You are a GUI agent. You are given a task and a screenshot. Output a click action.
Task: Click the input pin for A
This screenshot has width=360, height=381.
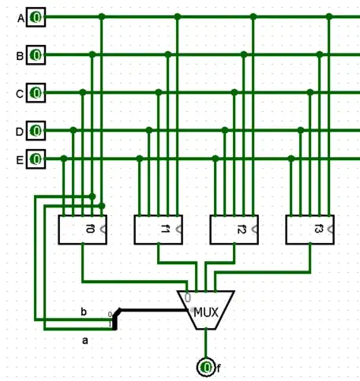pyautogui.click(x=36, y=17)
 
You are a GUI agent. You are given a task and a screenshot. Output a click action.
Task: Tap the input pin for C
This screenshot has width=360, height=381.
pyautogui.click(x=36, y=92)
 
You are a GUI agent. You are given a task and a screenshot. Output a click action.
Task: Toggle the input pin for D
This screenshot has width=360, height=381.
pyautogui.click(x=36, y=129)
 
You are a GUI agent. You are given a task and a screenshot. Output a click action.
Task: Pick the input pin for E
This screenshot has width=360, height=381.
pyautogui.click(x=36, y=159)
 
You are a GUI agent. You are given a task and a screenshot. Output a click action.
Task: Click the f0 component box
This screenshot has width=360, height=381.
pyautogui.click(x=83, y=229)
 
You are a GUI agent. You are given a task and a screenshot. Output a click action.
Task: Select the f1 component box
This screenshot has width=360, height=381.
pyautogui.click(x=159, y=229)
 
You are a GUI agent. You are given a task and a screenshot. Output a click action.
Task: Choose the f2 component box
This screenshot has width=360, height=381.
pyautogui.click(x=234, y=229)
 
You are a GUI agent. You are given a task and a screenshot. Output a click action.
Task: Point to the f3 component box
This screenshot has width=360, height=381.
pyautogui.click(x=310, y=229)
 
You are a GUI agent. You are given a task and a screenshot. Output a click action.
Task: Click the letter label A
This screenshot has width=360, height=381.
pyautogui.click(x=21, y=17)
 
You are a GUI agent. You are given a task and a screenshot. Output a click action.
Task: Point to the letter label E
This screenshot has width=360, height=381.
pyautogui.click(x=21, y=159)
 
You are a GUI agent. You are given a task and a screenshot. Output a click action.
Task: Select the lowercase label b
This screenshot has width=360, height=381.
pyautogui.click(x=83, y=312)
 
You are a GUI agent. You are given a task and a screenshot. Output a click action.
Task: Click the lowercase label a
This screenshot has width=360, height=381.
pyautogui.click(x=85, y=341)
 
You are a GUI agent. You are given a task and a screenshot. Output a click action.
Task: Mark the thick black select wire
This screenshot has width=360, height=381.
pyautogui.click(x=150, y=310)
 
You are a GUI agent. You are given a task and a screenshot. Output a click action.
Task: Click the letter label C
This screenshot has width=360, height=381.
pyautogui.click(x=21, y=93)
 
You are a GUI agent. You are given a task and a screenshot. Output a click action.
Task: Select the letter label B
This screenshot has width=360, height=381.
pyautogui.click(x=21, y=55)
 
